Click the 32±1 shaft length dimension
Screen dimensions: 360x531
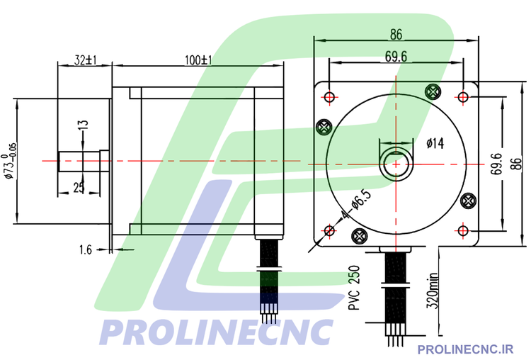(85, 61)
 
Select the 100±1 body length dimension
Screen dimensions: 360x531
(198, 61)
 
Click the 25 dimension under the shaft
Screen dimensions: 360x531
(79, 187)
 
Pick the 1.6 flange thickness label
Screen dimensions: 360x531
(86, 249)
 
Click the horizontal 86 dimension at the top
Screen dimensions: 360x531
(396, 33)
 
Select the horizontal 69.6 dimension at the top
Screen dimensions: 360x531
(396, 57)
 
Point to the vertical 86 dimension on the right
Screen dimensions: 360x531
(517, 163)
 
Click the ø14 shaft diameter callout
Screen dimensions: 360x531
(435, 144)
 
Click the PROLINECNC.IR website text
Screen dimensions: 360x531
(465, 349)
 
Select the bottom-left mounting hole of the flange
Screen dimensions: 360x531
(329, 230)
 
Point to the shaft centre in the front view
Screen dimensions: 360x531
(396, 163)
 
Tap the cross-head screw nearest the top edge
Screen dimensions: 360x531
(433, 90)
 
